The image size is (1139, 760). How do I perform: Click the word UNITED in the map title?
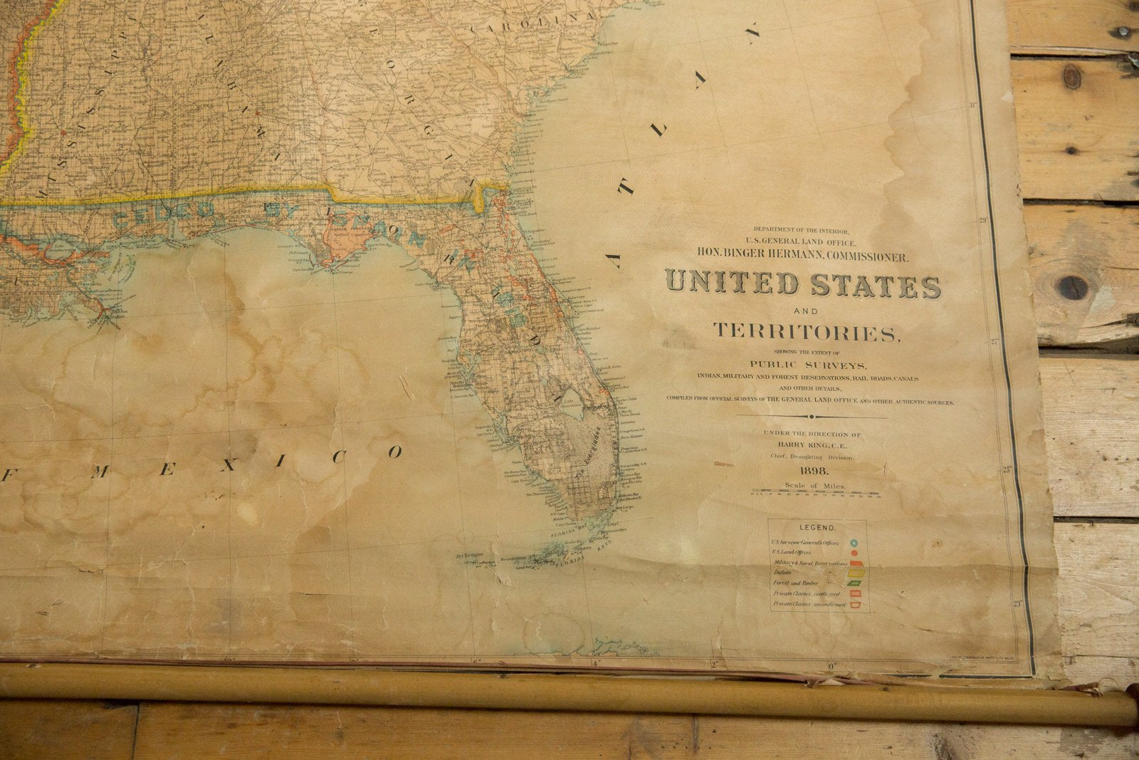tap(732, 283)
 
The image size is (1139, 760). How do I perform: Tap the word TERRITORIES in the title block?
tap(807, 331)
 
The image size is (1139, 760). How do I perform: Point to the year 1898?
tap(814, 471)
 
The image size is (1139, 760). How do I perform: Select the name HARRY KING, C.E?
tap(812, 444)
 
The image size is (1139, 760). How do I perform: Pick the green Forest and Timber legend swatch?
tap(854, 583)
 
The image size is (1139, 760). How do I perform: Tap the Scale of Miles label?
tap(814, 486)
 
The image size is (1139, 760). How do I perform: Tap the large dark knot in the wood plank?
tap(1071, 287)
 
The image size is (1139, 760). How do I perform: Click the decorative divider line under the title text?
tap(812, 417)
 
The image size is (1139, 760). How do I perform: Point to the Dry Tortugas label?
tap(468, 555)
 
